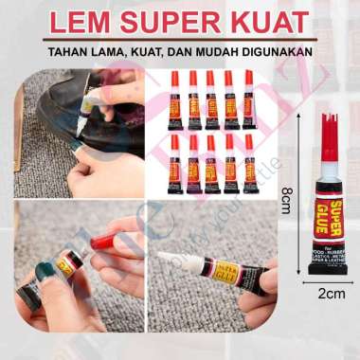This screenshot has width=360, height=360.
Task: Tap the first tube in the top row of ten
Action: coord(174,99)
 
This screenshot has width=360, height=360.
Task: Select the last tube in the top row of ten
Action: coord(248,99)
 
